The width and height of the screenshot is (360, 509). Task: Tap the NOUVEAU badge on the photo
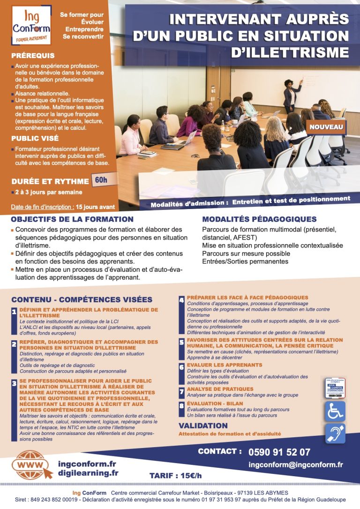326,127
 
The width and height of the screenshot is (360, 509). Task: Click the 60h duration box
100,180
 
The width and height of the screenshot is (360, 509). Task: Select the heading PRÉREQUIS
33,56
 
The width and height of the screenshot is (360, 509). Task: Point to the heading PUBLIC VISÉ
35,138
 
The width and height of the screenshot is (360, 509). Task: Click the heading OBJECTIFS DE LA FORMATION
72,219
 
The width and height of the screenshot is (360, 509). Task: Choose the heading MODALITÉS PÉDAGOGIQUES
259,219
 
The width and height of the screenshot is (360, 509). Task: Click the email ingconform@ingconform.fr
296,465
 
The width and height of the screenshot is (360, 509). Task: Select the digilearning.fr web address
88,473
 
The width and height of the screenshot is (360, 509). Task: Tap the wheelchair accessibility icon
335,411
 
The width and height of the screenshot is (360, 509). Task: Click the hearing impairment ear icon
335,434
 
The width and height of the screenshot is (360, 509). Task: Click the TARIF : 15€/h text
175,476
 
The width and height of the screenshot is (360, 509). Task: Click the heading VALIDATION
203,426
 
